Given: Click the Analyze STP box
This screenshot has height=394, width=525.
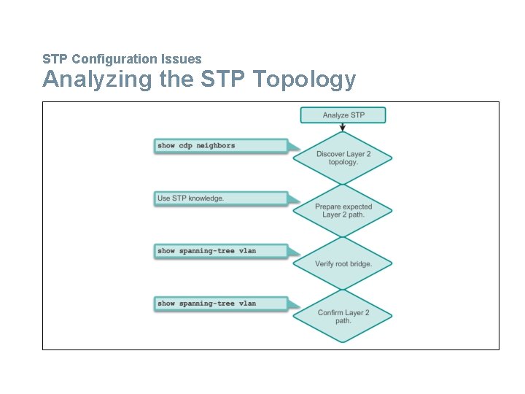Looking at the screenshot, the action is pyautogui.click(x=343, y=115).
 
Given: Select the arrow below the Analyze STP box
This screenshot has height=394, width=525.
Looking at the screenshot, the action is pyautogui.click(x=343, y=127).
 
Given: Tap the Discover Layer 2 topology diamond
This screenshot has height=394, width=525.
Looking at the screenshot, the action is pyautogui.click(x=343, y=158).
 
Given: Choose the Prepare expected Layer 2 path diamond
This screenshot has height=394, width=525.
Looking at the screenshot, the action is pyautogui.click(x=343, y=210).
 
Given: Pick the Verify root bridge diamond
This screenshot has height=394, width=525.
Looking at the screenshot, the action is pyautogui.click(x=343, y=263).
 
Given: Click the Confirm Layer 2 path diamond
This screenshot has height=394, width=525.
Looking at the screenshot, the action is pyautogui.click(x=343, y=316).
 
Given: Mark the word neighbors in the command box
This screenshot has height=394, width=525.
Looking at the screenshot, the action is pyautogui.click(x=216, y=146).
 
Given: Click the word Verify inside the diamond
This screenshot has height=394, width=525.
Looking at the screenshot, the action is pyautogui.click(x=324, y=263).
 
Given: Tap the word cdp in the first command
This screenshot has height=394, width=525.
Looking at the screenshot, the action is pyautogui.click(x=186, y=146).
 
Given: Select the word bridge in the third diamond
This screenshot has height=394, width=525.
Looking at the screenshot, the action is pyautogui.click(x=361, y=263).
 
